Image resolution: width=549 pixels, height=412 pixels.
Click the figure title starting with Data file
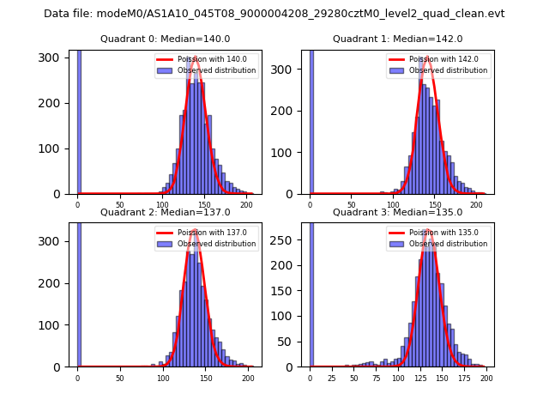[274, 14]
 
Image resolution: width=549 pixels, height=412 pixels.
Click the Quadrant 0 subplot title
[165, 39]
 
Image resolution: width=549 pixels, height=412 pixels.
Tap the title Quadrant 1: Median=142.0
[397, 39]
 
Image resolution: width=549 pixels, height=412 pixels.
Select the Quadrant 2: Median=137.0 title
[165, 212]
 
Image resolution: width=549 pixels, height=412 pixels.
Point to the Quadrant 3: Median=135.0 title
[397, 212]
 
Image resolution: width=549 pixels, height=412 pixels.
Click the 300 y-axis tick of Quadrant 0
[52, 58]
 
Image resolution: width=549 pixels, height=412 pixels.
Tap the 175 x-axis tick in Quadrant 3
[466, 378]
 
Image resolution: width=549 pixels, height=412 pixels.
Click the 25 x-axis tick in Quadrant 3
[332, 378]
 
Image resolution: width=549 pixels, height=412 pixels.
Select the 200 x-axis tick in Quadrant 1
[476, 205]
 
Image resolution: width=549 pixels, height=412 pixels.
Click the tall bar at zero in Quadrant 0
[79, 120]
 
